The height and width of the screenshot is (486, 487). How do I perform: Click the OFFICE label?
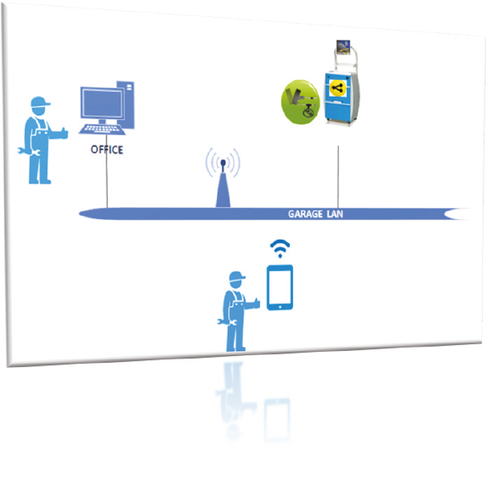click(x=107, y=150)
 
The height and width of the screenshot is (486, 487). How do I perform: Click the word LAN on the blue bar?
click(x=335, y=214)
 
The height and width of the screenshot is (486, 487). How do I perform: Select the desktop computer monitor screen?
click(x=103, y=103)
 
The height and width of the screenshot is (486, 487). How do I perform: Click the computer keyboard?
click(x=102, y=129)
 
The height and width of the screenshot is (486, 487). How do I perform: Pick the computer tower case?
click(x=126, y=105)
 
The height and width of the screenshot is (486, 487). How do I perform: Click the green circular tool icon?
click(x=300, y=102)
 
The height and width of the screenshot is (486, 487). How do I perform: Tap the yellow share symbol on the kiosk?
click(x=337, y=88)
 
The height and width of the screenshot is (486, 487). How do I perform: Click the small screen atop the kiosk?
click(x=343, y=48)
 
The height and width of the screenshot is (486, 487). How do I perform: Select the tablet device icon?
click(x=280, y=287)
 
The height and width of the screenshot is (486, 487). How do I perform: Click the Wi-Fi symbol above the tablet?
click(x=280, y=248)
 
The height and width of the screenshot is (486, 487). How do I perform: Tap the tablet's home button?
click(x=280, y=307)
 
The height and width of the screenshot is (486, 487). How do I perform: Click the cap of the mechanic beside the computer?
click(x=40, y=102)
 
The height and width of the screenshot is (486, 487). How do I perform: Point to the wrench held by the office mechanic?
click(x=28, y=151)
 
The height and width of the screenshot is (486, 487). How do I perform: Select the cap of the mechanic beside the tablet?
click(x=236, y=276)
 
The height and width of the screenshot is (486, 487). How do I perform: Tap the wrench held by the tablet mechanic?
click(x=227, y=322)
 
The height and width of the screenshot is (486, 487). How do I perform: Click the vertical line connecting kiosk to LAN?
click(x=338, y=177)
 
